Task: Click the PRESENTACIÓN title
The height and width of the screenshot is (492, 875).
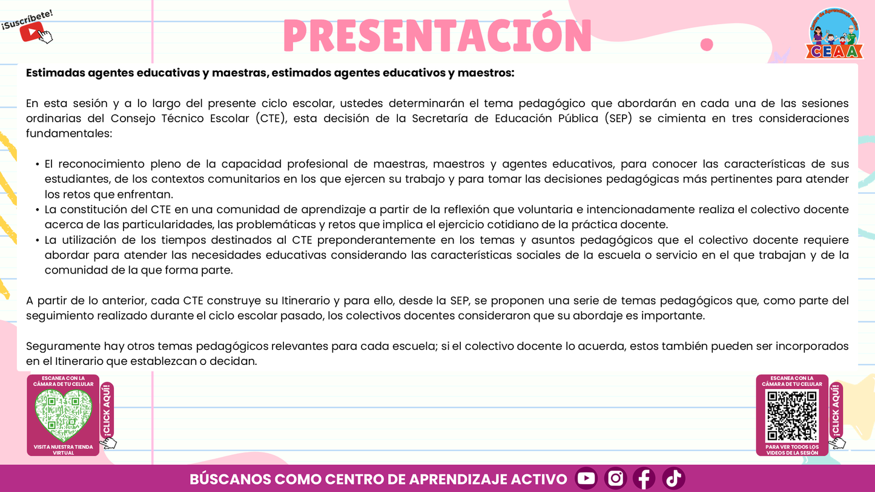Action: pyautogui.click(x=437, y=36)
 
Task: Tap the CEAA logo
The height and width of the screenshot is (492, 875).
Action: pyautogui.click(x=834, y=34)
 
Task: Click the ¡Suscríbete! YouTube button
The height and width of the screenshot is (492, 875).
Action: pyautogui.click(x=28, y=27)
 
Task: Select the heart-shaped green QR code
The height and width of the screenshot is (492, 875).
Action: pyautogui.click(x=63, y=415)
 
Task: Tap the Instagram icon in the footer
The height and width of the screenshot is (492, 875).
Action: pyautogui.click(x=615, y=479)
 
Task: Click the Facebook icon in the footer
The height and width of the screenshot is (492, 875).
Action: pyautogui.click(x=644, y=479)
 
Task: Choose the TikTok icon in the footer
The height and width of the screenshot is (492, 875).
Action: pyautogui.click(x=673, y=479)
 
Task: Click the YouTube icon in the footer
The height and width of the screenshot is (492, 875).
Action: pyautogui.click(x=586, y=479)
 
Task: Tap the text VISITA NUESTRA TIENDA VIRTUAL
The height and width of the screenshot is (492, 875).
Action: pyautogui.click(x=63, y=450)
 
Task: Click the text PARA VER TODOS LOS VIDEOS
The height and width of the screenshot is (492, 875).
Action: pyautogui.click(x=792, y=450)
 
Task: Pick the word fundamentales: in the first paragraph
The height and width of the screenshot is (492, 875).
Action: pyautogui.click(x=69, y=134)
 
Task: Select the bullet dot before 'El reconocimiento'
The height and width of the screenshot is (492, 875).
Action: pyautogui.click(x=38, y=165)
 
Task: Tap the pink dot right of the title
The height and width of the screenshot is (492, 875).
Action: pyautogui.click(x=706, y=44)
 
